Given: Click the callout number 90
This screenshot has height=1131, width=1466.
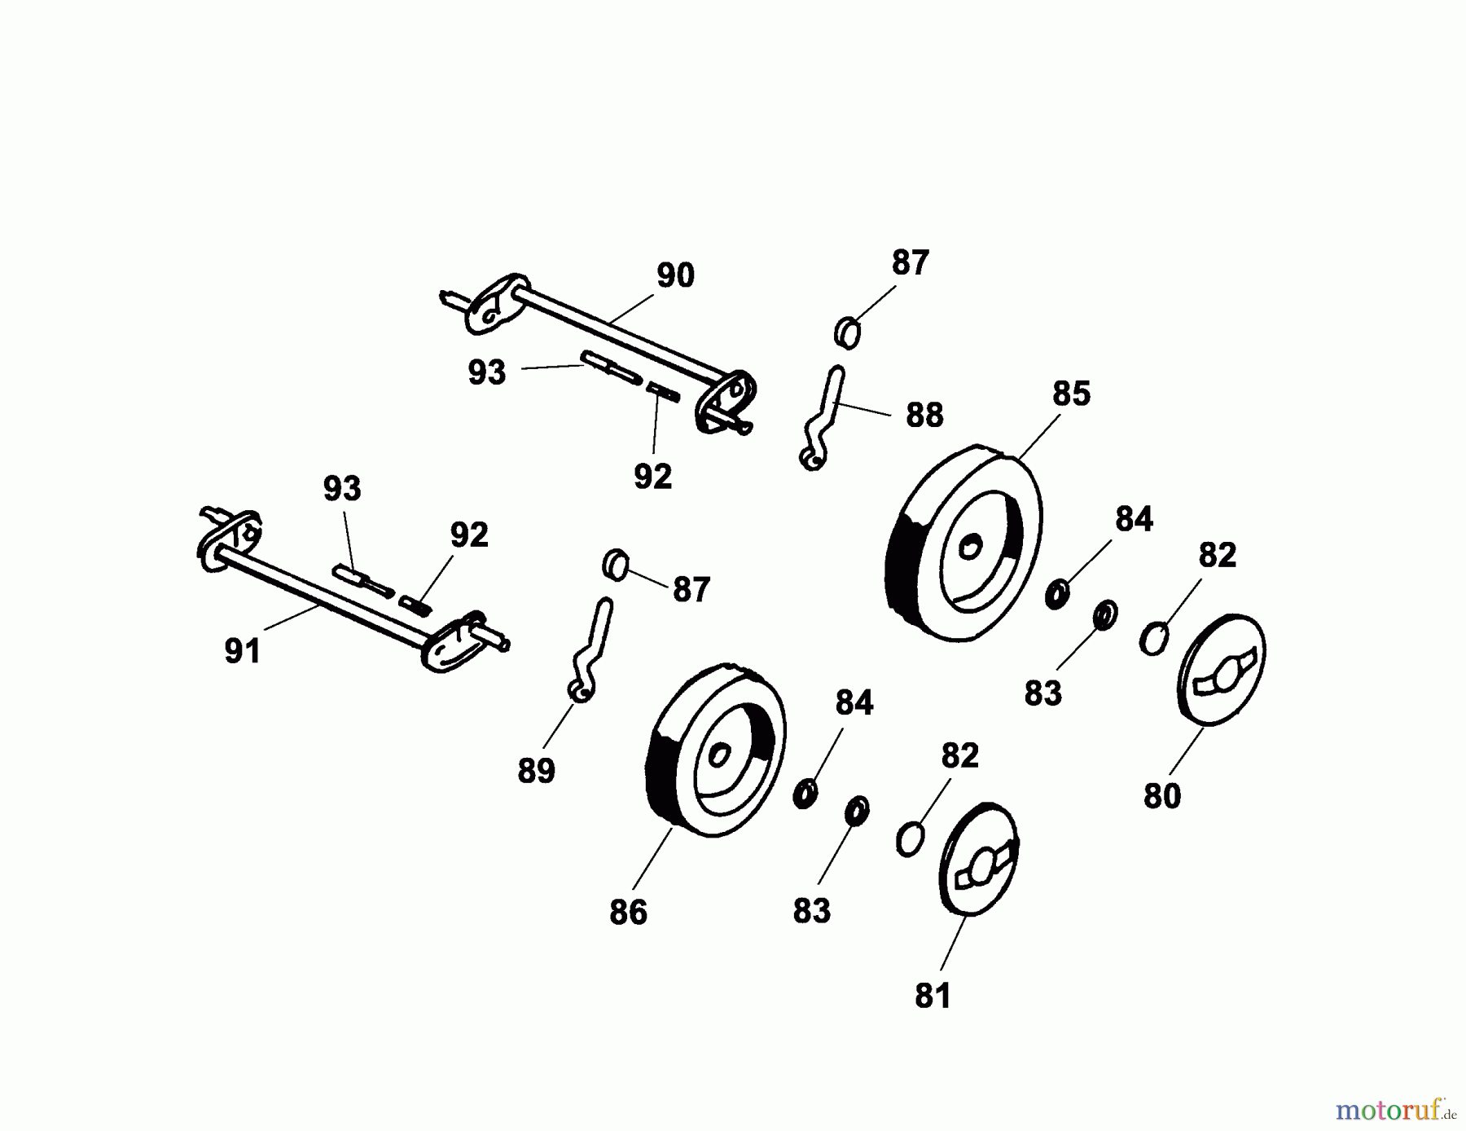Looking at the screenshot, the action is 675,276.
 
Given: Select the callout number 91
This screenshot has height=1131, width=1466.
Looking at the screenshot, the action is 243,651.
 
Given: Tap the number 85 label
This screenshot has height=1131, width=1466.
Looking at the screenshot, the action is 1071,394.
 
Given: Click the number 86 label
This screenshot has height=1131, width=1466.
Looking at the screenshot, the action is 628,913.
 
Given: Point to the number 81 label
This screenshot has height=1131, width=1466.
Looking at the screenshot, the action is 933,996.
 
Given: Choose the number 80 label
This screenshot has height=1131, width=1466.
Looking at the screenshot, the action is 1162,796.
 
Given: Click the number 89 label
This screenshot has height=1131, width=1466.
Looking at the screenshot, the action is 536,770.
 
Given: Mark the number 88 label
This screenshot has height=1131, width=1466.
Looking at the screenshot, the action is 924,416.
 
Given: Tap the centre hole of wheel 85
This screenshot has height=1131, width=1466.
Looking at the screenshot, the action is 970,545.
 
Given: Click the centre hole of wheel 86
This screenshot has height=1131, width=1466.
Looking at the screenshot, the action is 719,755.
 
